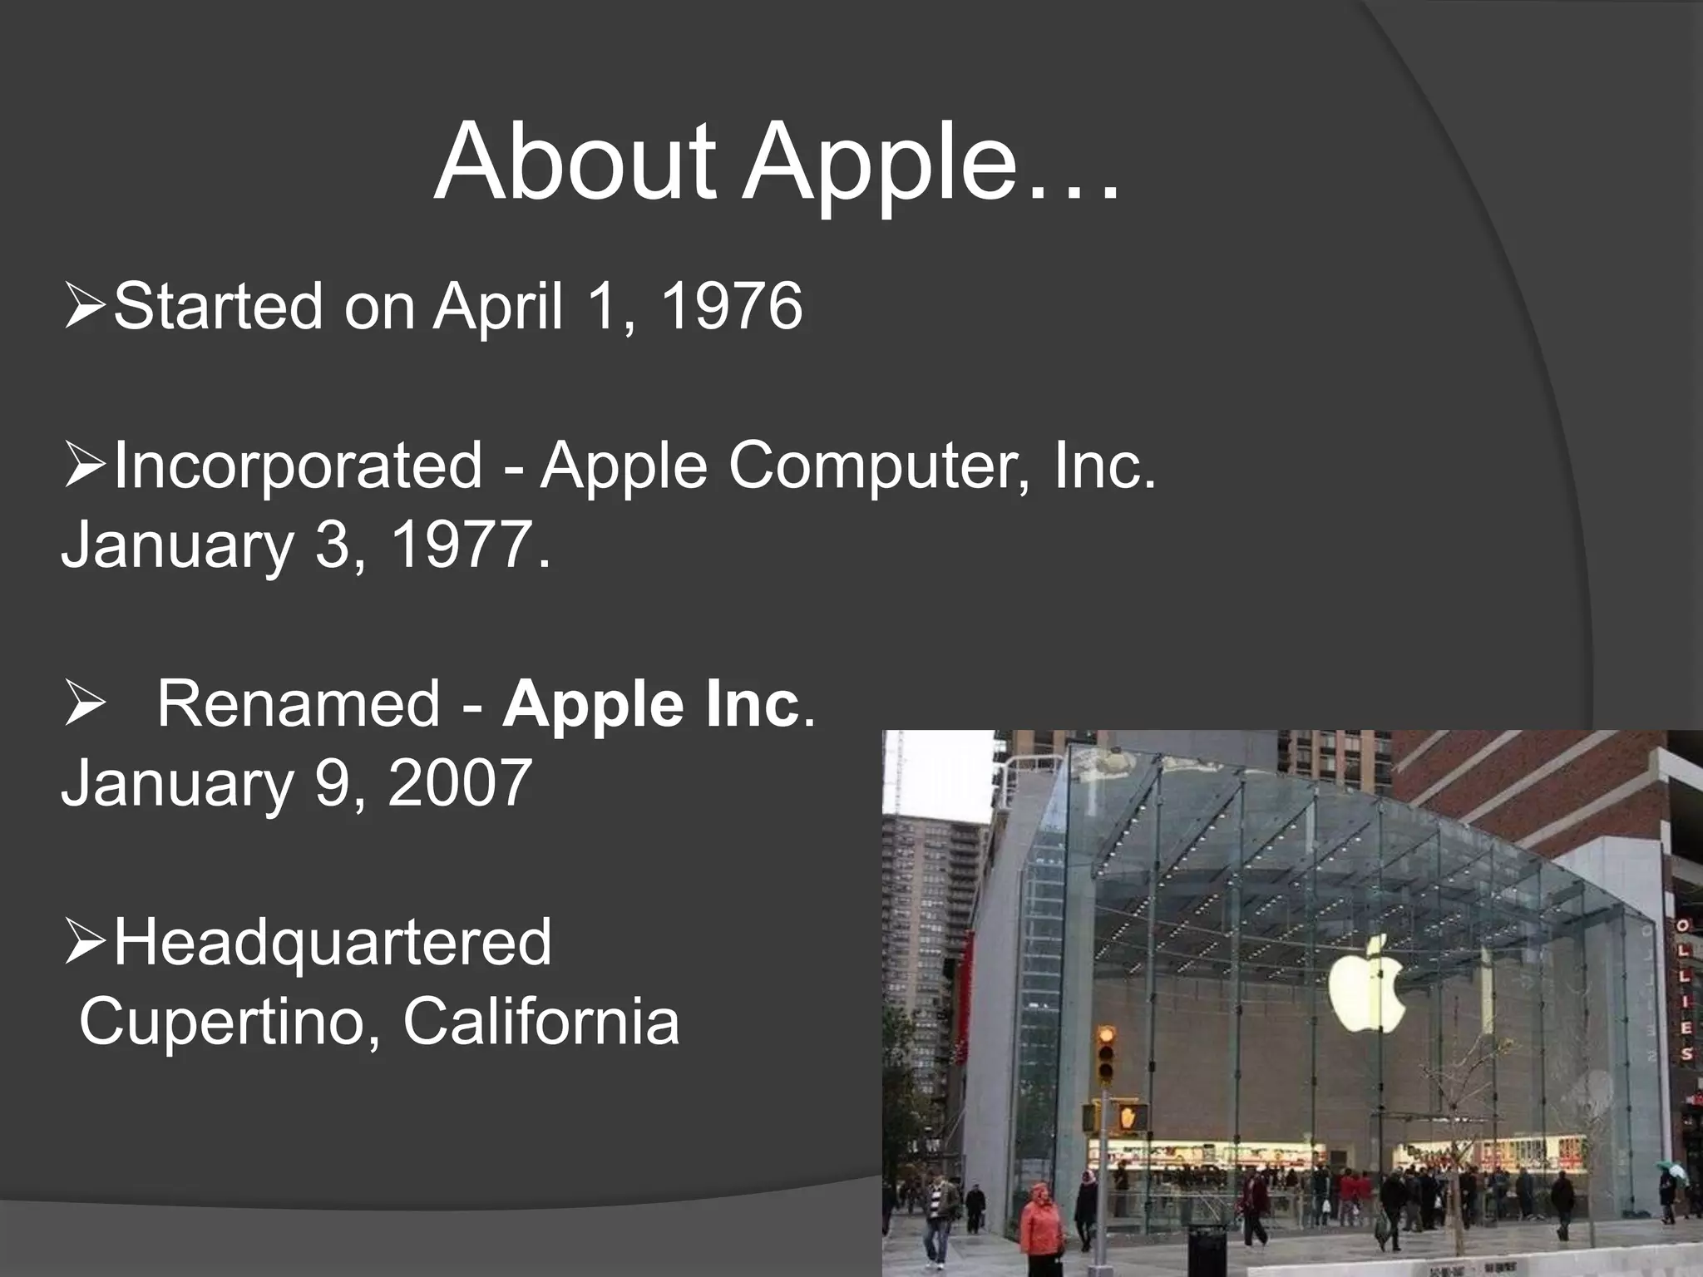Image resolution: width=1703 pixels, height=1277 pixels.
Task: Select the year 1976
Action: click(732, 306)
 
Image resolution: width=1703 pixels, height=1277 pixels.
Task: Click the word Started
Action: click(218, 306)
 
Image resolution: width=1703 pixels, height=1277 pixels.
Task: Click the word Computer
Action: click(873, 466)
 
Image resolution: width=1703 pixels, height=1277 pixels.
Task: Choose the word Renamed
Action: click(298, 703)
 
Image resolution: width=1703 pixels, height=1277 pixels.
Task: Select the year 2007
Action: click(460, 782)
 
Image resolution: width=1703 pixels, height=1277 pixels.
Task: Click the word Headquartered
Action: click(332, 942)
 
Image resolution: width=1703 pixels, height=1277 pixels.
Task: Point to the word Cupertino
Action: click(220, 1021)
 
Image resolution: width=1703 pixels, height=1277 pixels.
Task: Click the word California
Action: click(541, 1021)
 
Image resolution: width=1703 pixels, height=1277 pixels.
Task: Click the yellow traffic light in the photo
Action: click(1105, 1053)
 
